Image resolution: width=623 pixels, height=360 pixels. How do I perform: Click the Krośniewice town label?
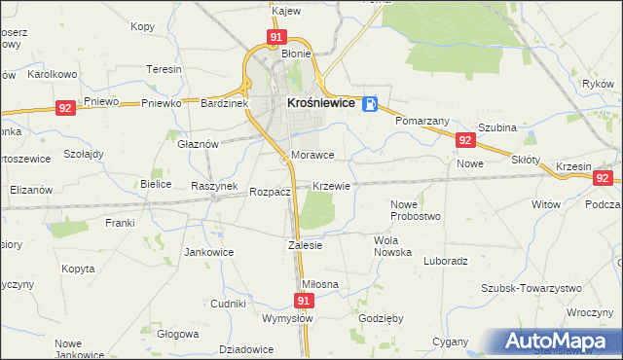319,102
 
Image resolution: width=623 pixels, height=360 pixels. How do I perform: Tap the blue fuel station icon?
370,104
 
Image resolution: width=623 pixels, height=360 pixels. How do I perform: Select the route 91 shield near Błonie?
276,38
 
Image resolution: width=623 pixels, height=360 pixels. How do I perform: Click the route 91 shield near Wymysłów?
305,302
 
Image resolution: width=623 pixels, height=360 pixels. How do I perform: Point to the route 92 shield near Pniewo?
65,109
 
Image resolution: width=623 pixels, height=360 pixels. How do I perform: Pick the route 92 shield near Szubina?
464,141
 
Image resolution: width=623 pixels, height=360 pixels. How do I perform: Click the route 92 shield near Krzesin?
604,178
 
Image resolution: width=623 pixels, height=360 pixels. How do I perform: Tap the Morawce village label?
312,155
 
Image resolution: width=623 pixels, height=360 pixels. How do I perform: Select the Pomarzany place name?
421,121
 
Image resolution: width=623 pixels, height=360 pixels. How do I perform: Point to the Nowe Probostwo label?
416,209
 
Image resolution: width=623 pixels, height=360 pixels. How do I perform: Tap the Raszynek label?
214,185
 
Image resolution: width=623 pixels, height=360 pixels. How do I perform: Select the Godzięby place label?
381,319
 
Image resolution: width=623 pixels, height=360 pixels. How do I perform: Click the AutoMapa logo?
563,342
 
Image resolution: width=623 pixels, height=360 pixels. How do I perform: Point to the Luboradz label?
447,261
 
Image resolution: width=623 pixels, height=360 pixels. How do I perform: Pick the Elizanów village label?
30,190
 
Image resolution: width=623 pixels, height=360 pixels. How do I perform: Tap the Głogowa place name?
177,333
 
